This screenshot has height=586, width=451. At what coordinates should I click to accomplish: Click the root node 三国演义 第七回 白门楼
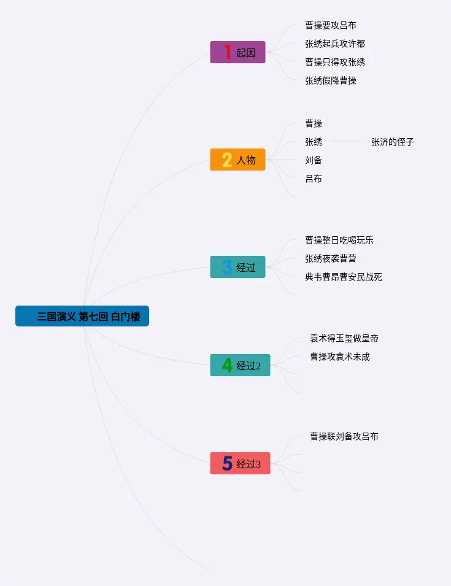coord(82,316)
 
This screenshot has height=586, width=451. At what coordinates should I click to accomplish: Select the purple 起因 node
coord(238,52)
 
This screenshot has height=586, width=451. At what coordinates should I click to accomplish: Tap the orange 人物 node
coord(238,160)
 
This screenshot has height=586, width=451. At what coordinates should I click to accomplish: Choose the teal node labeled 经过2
coord(240,365)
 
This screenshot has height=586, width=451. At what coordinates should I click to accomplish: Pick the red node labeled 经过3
coord(240,463)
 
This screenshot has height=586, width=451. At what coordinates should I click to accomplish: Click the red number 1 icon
coord(227,52)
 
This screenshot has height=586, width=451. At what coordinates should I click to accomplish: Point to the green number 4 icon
coord(227,365)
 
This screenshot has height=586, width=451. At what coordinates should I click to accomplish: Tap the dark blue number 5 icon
coord(227,463)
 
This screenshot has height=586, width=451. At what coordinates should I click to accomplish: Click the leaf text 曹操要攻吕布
coord(331,25)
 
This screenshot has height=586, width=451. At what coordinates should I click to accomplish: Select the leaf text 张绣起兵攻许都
coord(335,44)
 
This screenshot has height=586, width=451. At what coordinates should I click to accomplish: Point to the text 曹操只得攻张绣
coord(335,62)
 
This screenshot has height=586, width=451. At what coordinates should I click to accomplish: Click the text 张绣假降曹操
coord(331,80)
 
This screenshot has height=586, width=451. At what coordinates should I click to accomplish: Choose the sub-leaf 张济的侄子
coord(393,142)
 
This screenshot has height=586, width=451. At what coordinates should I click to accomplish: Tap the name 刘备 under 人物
coord(314,160)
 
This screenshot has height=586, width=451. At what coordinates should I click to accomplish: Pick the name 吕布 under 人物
coord(314,179)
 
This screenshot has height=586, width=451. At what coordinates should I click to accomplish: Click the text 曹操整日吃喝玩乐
coord(339,240)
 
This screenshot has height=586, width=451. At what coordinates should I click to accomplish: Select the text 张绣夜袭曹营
coord(331,258)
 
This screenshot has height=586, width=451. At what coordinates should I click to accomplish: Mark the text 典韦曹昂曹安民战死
coord(344,277)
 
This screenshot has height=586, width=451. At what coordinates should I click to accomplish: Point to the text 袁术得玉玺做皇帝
coord(349,338)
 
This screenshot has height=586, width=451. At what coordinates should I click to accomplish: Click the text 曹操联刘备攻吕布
coord(344,436)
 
